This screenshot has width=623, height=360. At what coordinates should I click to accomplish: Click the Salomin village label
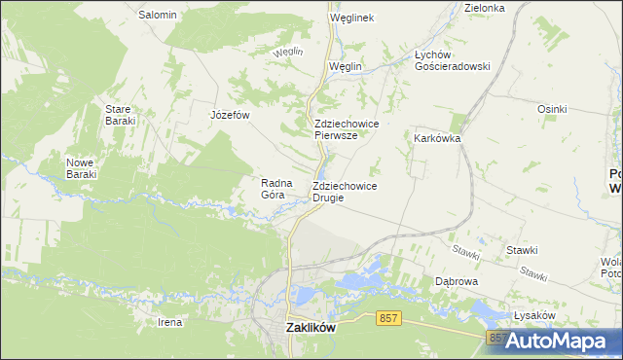[x=157, y=15]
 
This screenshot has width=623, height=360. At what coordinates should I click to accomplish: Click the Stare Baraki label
[x=121, y=115]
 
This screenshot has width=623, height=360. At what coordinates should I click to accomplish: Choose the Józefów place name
[x=231, y=115]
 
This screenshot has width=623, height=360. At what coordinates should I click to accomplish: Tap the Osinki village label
[x=551, y=109]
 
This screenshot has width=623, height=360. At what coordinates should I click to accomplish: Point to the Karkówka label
[x=437, y=138]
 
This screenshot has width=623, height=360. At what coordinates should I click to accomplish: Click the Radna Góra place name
[x=274, y=188]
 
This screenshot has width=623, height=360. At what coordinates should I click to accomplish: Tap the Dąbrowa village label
[x=456, y=281]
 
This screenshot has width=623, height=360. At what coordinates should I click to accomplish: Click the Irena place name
[x=170, y=321]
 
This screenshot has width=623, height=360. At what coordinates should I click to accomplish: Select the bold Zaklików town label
[x=311, y=329]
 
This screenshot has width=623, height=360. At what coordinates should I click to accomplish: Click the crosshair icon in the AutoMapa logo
[x=517, y=342]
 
